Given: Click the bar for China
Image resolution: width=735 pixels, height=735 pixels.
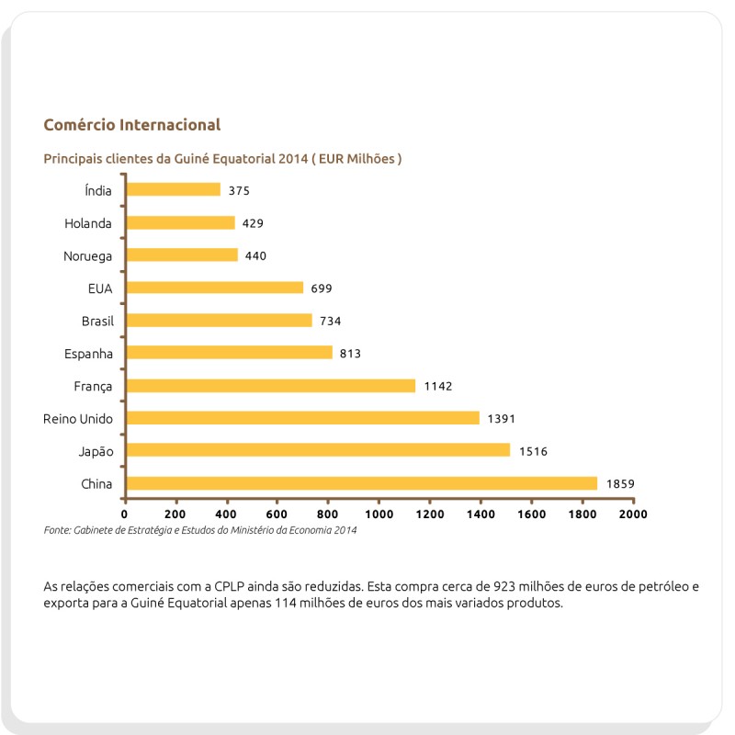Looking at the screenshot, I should point(361,483).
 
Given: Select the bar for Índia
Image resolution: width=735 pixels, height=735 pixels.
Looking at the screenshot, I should point(173,189).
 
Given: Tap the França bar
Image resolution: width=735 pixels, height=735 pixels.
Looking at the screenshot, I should point(270,386).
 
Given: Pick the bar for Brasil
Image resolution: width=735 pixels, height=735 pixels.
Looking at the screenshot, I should point(219,321).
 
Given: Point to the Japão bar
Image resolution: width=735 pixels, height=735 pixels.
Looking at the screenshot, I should point(318,450).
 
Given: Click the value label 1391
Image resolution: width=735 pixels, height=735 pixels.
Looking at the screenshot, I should point(502,419).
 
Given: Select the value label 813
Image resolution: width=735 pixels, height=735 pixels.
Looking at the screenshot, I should point(350,354).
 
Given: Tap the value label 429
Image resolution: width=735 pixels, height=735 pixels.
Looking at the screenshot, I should point(254,223).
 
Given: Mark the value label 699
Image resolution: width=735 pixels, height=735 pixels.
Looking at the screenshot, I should point(322,288).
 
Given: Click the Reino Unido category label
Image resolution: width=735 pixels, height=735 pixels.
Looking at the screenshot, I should point(78,419).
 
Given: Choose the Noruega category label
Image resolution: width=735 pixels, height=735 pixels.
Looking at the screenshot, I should point(88,255).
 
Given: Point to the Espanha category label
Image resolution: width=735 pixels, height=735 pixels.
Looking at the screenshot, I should point(88,354).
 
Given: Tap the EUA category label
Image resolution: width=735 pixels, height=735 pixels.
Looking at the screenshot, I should point(99,288).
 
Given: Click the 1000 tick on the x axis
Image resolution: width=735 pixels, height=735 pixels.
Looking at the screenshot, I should point(379,514).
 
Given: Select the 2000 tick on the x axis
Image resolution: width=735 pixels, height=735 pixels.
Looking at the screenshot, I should point(633,514).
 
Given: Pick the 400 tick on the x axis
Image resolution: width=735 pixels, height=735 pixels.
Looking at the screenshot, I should point(227,514).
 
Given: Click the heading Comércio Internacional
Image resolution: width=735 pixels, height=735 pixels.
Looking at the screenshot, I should point(131,124).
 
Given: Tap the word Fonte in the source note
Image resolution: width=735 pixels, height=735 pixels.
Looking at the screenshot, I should point(57,530).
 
